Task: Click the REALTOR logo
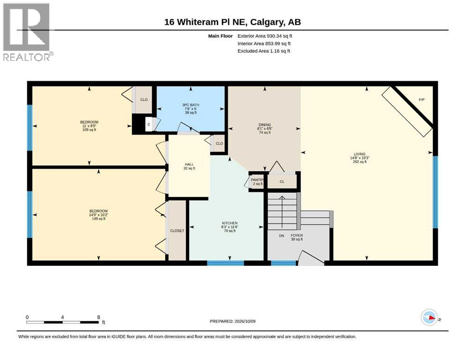tap(28, 32)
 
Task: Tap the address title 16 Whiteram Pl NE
tap(206, 22)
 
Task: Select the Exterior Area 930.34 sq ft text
tap(265, 36)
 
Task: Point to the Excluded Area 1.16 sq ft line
tap(264, 51)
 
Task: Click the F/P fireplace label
tap(421, 100)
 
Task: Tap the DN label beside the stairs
tap(281, 236)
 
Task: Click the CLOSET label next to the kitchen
tap(177, 231)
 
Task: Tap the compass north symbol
tap(429, 317)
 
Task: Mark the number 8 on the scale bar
tap(98, 317)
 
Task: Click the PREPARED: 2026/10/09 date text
tap(232, 322)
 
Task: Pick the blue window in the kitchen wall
tap(225, 263)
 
